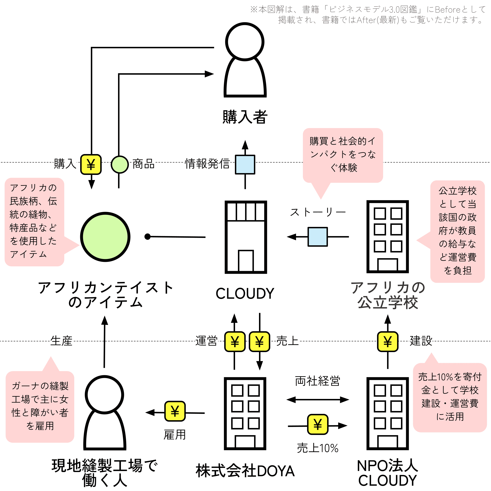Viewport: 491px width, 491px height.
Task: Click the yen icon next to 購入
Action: click(91, 164)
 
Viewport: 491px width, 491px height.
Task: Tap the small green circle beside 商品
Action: click(120, 164)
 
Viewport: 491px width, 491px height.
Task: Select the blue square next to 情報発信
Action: click(245, 164)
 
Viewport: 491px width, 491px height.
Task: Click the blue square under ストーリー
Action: click(318, 237)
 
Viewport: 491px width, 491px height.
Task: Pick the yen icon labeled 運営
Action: click(235, 342)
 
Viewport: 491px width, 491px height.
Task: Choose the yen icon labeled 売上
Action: click(259, 342)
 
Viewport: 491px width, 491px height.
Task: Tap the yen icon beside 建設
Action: click(387, 342)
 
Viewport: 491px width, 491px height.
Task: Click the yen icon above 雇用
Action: click(175, 411)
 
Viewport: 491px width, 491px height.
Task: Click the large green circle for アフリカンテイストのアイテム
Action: click(105, 237)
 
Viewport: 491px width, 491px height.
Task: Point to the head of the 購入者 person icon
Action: click(245, 42)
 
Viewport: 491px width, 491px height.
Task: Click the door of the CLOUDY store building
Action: click(246, 261)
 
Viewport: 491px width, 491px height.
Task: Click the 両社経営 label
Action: click(318, 381)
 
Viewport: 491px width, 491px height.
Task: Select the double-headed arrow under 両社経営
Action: click(318, 400)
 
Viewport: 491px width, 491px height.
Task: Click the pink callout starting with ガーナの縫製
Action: click(40, 406)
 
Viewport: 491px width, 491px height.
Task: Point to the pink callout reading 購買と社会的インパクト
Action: click(343, 155)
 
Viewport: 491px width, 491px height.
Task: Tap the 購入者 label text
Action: click(245, 117)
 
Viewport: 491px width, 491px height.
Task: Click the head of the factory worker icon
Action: click(105, 395)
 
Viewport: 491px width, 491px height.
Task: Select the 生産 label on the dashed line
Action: click(62, 341)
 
